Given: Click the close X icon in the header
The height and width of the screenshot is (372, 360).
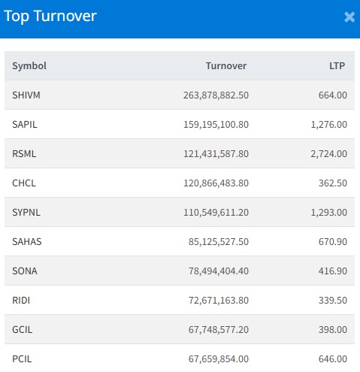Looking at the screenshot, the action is (349, 17).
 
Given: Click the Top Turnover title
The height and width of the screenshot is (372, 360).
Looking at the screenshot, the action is (50, 17).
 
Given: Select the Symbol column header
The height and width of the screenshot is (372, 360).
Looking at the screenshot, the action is (29, 66).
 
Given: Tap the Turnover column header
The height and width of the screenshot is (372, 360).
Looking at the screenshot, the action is (226, 66).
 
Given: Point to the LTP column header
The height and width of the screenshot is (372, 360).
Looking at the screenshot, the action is (337, 66).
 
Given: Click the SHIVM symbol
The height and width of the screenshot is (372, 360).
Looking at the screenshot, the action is (26, 95).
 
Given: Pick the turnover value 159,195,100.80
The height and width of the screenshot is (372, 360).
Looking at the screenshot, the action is (216, 125).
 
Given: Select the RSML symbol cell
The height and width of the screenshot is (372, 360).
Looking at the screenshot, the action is (24, 154).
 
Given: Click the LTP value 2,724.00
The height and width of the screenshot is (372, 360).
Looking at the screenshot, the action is (329, 154).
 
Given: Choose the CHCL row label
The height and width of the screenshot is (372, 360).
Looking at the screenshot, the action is (24, 183).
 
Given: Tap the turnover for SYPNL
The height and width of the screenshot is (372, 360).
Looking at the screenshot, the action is (216, 213).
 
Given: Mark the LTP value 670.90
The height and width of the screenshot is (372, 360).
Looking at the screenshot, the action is (333, 242).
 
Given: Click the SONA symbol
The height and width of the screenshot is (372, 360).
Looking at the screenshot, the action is (25, 271).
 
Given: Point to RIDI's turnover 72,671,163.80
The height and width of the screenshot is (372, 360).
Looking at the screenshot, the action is (219, 301).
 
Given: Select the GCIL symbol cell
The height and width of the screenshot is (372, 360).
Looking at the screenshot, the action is (22, 330).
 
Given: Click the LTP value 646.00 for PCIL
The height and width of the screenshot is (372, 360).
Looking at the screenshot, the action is (333, 359).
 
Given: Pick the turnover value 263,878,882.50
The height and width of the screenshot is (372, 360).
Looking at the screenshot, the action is (216, 95).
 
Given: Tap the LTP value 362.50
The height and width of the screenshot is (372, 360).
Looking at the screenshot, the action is (333, 183).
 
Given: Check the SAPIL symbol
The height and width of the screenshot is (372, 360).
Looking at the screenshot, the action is (25, 125).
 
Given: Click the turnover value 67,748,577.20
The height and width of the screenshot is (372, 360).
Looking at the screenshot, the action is (219, 330).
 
